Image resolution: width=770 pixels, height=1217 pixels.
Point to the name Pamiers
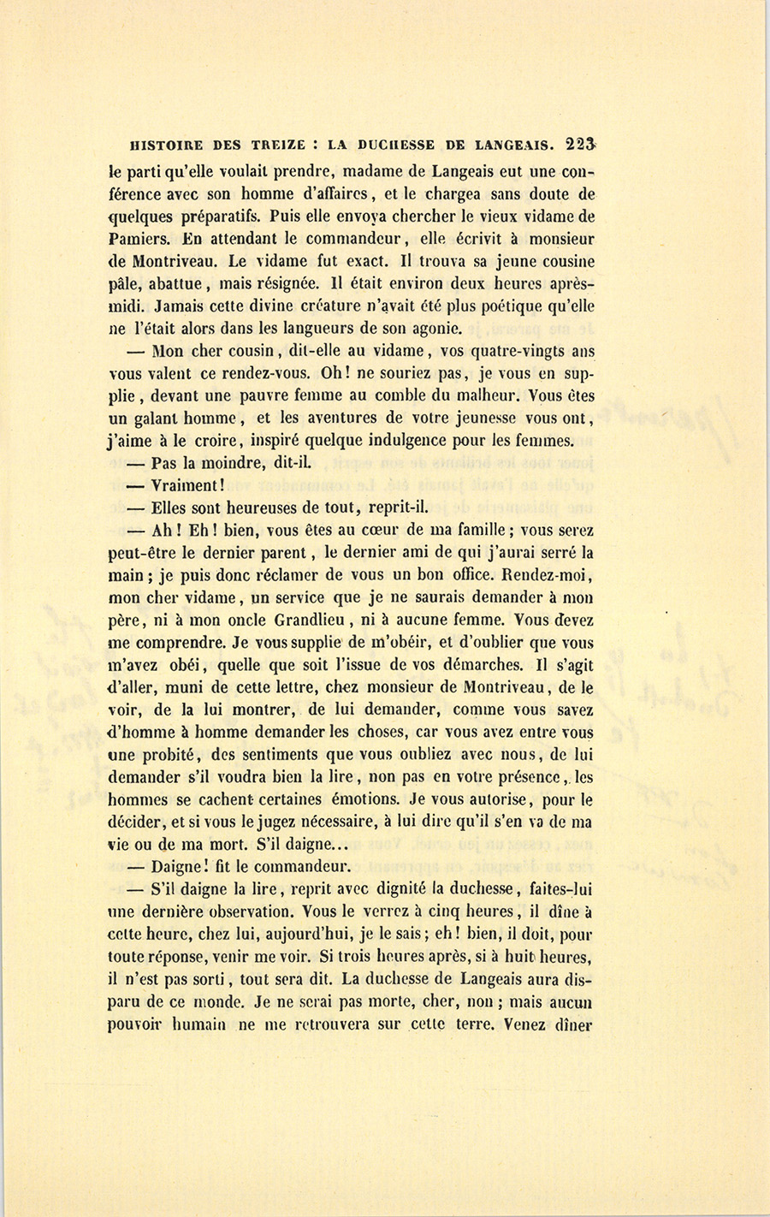136,240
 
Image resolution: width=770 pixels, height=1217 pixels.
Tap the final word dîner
572,1024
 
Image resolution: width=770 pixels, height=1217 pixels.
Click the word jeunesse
483,419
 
